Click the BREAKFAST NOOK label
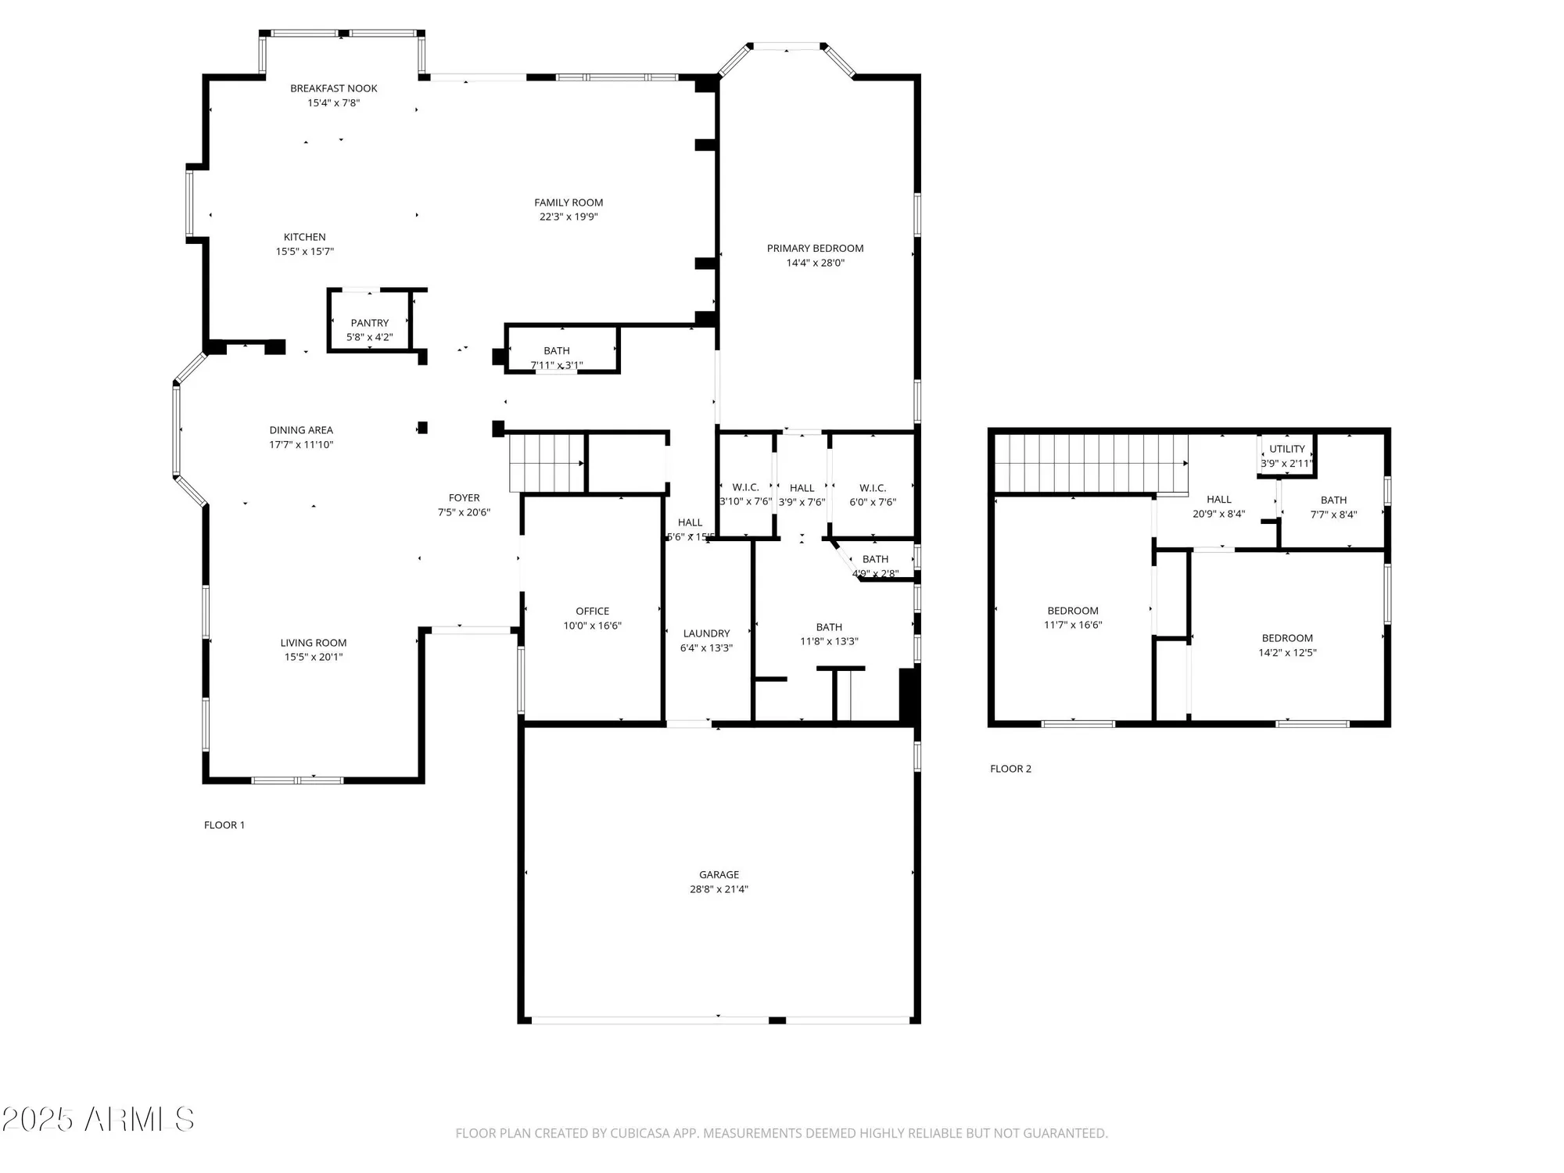point(333,88)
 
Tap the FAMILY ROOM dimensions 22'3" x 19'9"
point(569,217)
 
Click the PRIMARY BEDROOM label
point(815,248)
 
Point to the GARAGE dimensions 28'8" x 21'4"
point(719,889)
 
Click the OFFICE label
point(592,611)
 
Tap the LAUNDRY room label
point(706,633)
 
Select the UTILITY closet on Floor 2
point(1286,454)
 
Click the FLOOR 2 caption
point(1010,769)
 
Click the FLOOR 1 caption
point(224,825)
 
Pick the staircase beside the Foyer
point(547,464)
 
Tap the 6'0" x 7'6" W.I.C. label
point(873,502)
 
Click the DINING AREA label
point(301,430)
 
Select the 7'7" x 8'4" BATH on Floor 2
point(1333,507)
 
